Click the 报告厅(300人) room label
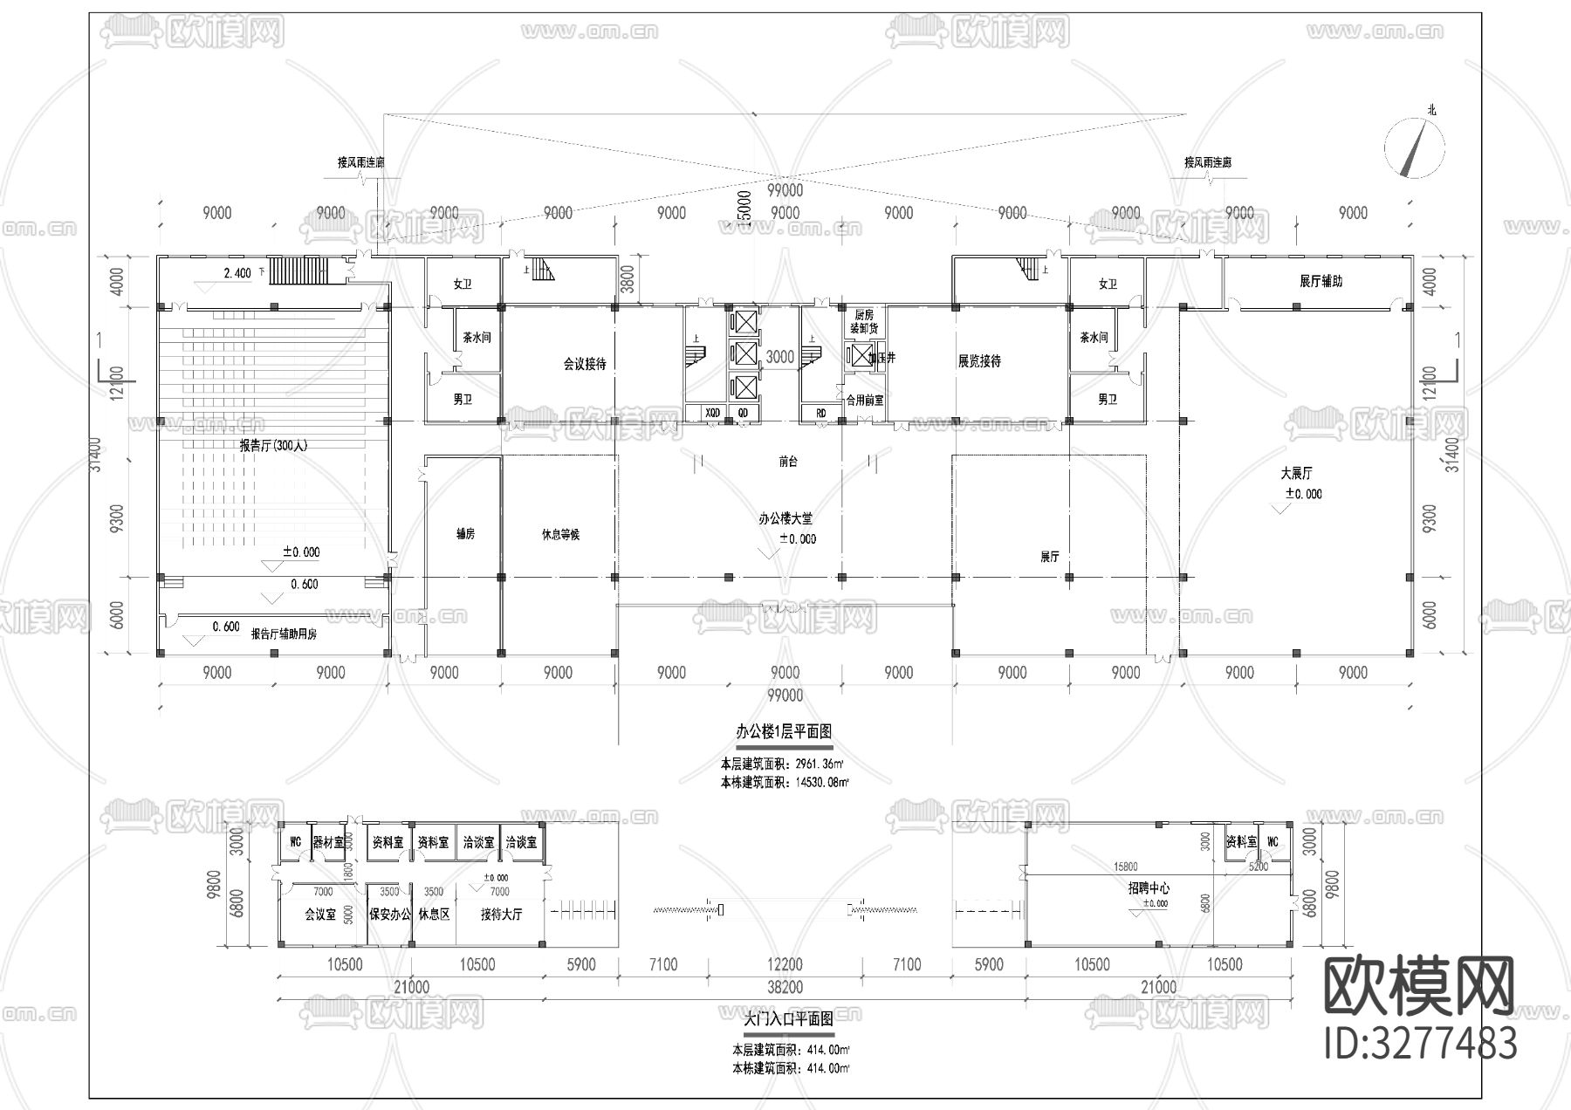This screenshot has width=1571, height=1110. click(274, 446)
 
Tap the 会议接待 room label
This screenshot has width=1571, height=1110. click(584, 365)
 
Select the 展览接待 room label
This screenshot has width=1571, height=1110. click(979, 361)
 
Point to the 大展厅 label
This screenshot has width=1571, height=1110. click(1296, 474)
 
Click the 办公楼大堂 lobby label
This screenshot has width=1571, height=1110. click(785, 518)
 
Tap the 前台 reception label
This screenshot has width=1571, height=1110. click(788, 462)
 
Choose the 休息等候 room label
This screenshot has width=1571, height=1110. click(560, 534)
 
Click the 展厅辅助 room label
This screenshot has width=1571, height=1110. click(1321, 282)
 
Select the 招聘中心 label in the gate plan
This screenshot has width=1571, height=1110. click(1149, 888)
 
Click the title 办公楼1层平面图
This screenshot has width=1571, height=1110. click(784, 731)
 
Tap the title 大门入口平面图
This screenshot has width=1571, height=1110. click(788, 1018)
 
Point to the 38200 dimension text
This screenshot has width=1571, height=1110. click(785, 987)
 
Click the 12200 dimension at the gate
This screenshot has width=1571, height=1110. click(785, 964)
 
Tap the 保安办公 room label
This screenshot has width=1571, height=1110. click(389, 915)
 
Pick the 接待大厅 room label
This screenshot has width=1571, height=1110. click(501, 915)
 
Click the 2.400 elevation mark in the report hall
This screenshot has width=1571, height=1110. click(237, 273)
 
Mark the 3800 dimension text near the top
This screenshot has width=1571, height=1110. click(627, 279)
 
